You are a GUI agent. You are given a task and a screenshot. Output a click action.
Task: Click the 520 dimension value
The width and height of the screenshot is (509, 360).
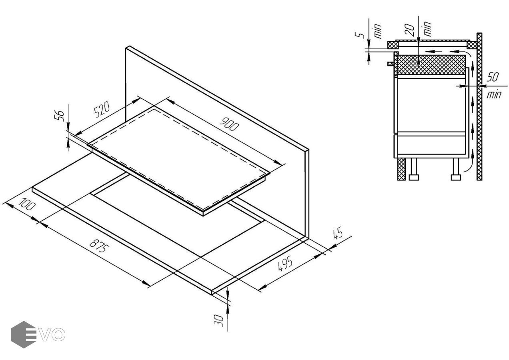click(102, 109)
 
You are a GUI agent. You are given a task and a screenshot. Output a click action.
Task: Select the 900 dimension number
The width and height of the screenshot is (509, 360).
click(229, 127)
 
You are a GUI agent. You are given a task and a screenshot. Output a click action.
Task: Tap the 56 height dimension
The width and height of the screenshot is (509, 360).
click(60, 116)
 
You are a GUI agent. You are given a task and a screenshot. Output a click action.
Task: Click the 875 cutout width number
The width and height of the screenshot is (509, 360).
click(98, 246)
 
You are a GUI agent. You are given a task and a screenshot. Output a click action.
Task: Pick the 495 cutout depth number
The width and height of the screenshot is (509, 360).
click(285, 264)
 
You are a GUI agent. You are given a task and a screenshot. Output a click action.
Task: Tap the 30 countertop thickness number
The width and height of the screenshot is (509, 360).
click(219, 321)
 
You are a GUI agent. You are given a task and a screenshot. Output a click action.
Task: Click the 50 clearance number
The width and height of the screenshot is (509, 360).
click(493, 77)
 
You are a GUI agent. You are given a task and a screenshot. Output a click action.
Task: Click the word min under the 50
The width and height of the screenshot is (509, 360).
click(494, 94)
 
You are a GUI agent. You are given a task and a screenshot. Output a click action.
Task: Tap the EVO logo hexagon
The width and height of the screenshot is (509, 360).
click(24, 334)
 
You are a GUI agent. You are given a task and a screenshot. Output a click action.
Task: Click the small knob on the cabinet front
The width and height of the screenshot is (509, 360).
click(391, 64)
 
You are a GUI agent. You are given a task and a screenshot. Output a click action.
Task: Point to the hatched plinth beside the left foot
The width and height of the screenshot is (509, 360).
click(401, 169)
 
